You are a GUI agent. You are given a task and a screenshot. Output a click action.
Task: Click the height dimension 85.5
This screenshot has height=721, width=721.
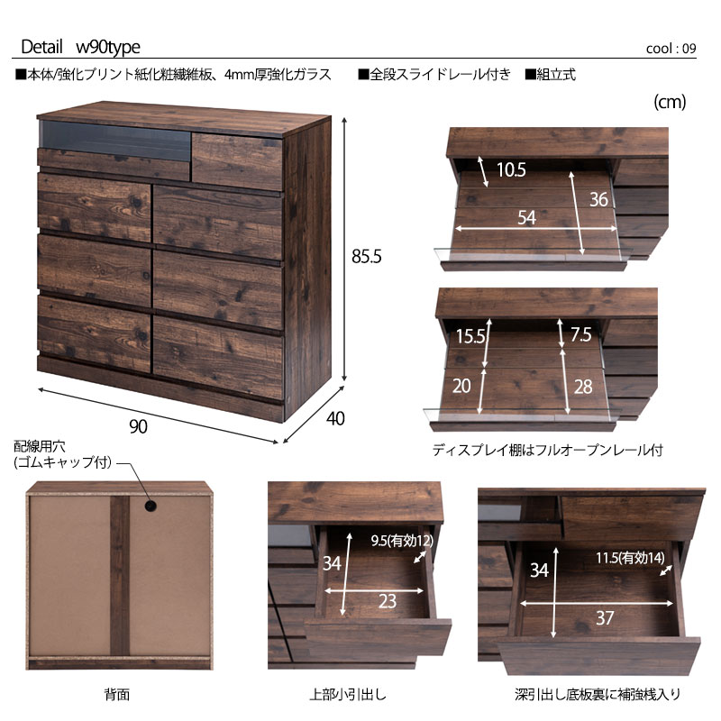point(367,257)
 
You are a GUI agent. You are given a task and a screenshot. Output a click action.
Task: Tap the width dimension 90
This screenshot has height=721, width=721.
point(139,426)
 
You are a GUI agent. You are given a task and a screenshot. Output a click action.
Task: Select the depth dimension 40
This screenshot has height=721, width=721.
point(335,418)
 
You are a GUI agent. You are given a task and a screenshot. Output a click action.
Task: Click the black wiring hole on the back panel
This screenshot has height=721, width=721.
point(150,506)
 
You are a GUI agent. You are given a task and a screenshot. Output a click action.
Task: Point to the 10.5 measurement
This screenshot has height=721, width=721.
point(511,170)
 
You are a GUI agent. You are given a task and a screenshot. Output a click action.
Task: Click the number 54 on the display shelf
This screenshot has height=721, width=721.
point(527,217)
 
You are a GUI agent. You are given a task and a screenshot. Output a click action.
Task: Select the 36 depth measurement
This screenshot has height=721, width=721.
point(598,199)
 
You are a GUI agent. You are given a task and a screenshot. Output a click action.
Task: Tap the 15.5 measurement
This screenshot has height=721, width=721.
point(470,336)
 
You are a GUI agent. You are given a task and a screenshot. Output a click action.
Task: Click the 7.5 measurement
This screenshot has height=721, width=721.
point(580,334)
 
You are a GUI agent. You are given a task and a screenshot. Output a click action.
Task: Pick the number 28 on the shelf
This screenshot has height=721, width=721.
point(583,387)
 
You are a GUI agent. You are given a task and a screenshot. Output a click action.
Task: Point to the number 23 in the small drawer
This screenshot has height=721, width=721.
point(388,601)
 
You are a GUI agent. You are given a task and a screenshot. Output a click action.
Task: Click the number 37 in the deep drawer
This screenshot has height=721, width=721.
point(605,617)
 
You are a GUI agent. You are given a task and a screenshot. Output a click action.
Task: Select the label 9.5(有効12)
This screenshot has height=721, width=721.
point(402,541)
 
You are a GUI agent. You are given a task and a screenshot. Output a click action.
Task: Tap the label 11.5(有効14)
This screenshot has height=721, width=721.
point(630,558)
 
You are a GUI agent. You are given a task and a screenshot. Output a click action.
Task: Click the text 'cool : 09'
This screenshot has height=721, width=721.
point(671,49)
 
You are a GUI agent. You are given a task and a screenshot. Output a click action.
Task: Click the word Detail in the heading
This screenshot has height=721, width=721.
point(41,47)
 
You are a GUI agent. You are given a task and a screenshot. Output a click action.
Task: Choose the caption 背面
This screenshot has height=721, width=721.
point(117,694)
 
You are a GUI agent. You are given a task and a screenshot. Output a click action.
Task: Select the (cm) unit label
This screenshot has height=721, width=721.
point(670,102)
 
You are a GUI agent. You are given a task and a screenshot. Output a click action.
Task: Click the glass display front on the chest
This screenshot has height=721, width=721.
point(115,141)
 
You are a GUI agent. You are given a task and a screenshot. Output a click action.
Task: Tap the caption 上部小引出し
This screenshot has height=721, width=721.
point(348,694)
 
